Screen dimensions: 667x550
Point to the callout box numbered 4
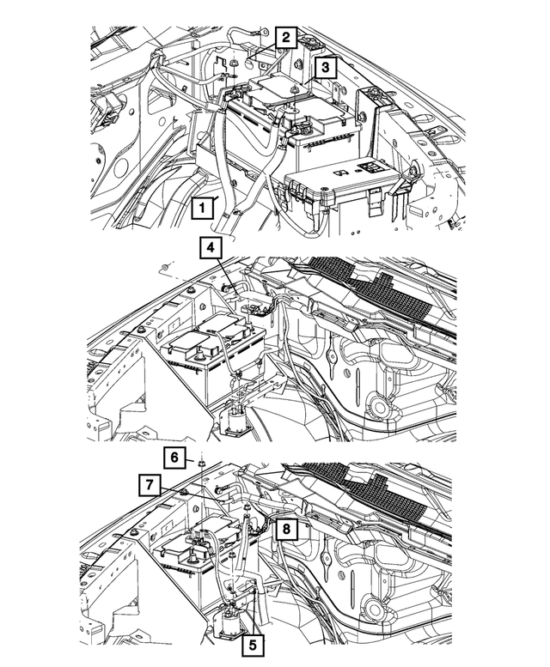click(x=212, y=249)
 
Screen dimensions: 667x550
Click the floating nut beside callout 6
click(x=199, y=464)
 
